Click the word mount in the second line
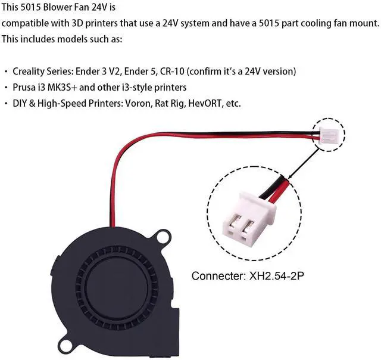(x=364, y=23)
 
